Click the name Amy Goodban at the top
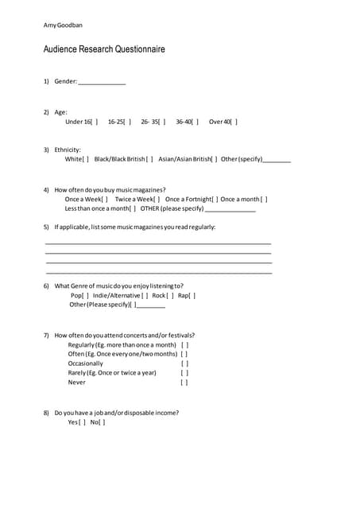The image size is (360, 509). (63, 25)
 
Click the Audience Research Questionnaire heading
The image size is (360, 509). (104, 49)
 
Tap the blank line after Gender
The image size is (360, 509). (102, 82)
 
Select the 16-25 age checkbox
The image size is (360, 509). (129, 122)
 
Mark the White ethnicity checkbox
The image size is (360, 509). (86, 159)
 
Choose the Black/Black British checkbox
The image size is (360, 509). (150, 159)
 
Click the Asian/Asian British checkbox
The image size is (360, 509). (215, 159)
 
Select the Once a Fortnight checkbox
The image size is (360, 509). (215, 199)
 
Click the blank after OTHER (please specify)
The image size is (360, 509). (230, 208)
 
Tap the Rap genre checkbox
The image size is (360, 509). (192, 295)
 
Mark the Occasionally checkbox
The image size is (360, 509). (184, 363)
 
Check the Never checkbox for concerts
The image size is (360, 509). (184, 383)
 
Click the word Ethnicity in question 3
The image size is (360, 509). (68, 150)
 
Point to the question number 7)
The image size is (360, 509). (46, 336)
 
